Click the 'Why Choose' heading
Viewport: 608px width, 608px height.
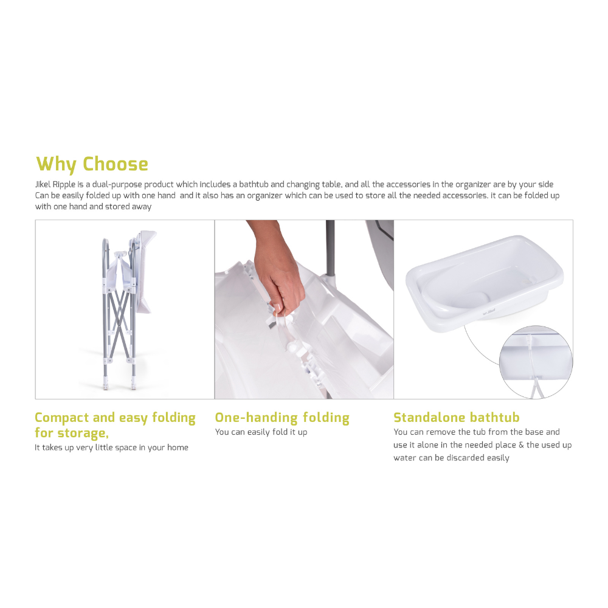pyautogui.click(x=92, y=164)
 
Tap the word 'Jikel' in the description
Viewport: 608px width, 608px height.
pyautogui.click(x=44, y=184)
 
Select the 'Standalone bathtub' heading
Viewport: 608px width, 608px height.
pyautogui.click(x=457, y=418)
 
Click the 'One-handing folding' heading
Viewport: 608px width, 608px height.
pyautogui.click(x=282, y=418)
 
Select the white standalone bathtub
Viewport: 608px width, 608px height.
pyautogui.click(x=484, y=274)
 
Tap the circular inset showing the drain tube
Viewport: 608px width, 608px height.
pyautogui.click(x=536, y=361)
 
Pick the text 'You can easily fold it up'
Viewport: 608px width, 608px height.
pyautogui.click(x=261, y=432)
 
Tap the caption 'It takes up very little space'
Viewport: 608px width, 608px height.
pyautogui.click(x=111, y=447)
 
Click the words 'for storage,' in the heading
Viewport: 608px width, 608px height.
pyautogui.click(x=71, y=433)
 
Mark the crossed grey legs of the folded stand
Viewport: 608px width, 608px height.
pyautogui.click(x=119, y=316)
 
